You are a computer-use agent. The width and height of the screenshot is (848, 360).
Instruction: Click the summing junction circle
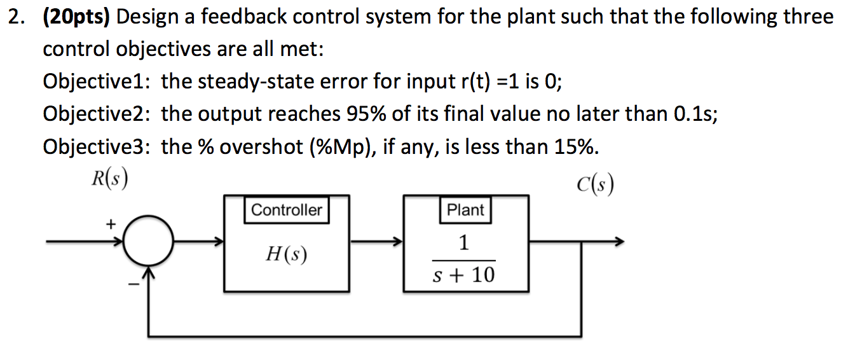click(x=148, y=242)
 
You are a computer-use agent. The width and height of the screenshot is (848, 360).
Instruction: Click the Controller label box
click(x=287, y=211)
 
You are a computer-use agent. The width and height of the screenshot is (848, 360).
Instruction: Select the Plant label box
click(x=465, y=211)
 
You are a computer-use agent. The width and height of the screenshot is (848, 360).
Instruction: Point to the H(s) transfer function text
click(x=286, y=254)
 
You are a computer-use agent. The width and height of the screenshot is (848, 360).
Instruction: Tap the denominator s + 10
click(x=463, y=275)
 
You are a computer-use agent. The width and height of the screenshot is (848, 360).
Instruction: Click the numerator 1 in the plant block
click(x=463, y=243)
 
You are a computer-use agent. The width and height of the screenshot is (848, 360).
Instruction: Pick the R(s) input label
click(x=106, y=179)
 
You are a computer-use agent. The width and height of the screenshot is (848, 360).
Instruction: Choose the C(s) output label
click(x=595, y=185)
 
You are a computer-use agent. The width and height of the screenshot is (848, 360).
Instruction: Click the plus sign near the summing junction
click(x=111, y=224)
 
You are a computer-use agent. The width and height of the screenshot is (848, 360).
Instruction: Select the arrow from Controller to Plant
click(x=376, y=242)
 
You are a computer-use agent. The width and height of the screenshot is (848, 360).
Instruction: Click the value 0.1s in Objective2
click(x=694, y=114)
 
